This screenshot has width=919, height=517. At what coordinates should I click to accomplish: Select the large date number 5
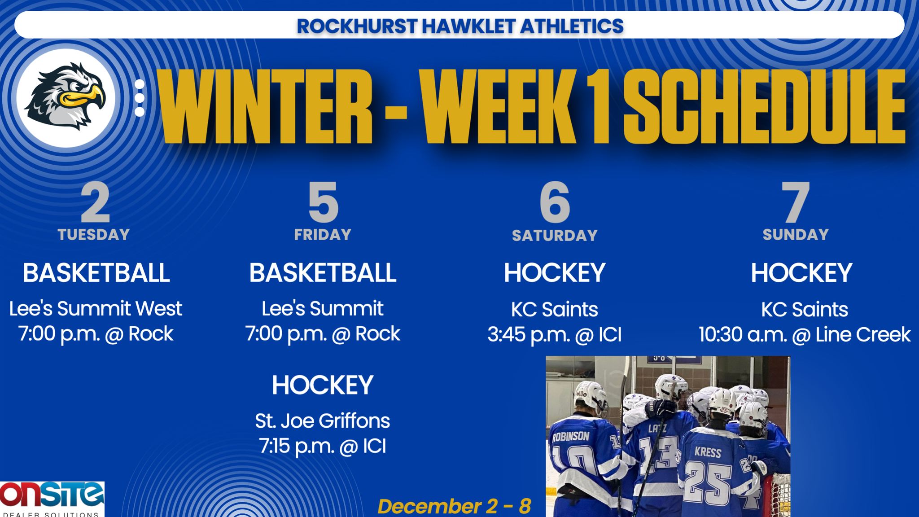323,203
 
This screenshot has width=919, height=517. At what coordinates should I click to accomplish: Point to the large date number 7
795,203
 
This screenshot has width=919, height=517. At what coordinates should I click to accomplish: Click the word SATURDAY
555,235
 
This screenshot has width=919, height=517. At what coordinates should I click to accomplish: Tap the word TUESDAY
94,234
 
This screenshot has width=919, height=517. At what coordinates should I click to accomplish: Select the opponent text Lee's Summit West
96,309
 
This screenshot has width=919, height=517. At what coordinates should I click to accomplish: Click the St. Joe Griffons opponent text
322,421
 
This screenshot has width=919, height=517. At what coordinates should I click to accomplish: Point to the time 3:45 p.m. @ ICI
555,335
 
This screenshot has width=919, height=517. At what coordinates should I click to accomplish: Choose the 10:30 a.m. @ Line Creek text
804,335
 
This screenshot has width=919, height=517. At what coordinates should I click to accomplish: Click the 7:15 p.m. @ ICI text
322,446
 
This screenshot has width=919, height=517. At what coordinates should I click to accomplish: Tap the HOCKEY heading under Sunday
801,272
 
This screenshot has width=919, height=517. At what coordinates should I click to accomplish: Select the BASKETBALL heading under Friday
323,272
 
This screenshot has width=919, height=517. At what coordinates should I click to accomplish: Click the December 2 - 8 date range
454,506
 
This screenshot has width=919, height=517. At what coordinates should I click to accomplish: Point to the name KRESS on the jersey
708,451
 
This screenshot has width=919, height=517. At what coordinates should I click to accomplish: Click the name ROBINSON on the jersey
571,437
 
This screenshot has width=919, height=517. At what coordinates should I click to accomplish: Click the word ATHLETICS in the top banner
572,26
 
